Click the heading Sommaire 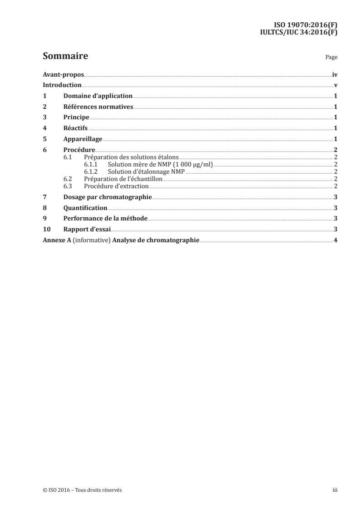pyautogui.click(x=65, y=57)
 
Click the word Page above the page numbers pyautogui.click(x=331, y=58)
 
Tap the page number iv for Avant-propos pyautogui.click(x=335, y=75)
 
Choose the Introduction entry pyautogui.click(x=62, y=85)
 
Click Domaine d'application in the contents pyautogui.click(x=98, y=96)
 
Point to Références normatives pyautogui.click(x=98, y=107)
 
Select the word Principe pyautogui.click(x=76, y=117)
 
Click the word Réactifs pyautogui.click(x=75, y=128)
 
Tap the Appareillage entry pyautogui.click(x=83, y=138)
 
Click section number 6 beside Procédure pyautogui.click(x=44, y=149)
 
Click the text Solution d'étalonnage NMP pyautogui.click(x=146, y=171)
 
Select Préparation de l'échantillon pyautogui.click(x=123, y=179)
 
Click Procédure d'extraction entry pyautogui.click(x=117, y=186)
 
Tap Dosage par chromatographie pyautogui.click(x=108, y=197)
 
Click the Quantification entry pyautogui.click(x=85, y=208)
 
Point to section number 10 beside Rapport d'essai pyautogui.click(x=46, y=229)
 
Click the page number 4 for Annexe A pyautogui.click(x=335, y=240)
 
